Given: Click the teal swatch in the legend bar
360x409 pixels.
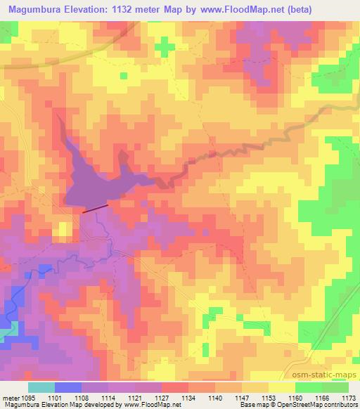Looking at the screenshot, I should click(x=41, y=387).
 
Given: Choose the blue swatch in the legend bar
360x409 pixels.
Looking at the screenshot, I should click(x=68, y=387).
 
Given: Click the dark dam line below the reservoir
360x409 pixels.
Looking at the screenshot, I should click(x=96, y=208).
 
